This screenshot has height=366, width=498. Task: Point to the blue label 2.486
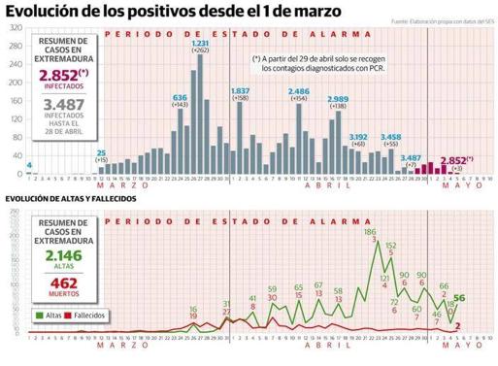click(x=299, y=90)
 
